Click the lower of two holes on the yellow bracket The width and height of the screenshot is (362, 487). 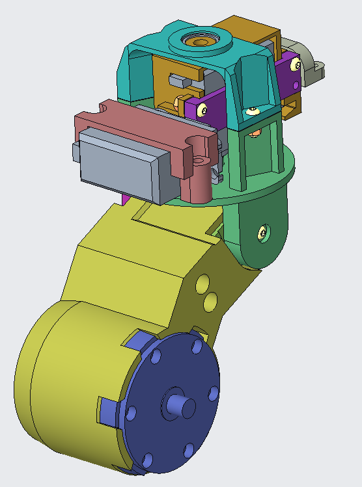[210, 301]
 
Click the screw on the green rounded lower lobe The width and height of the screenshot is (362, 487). [262, 231]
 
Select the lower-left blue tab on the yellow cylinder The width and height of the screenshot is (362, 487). [108, 408]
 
